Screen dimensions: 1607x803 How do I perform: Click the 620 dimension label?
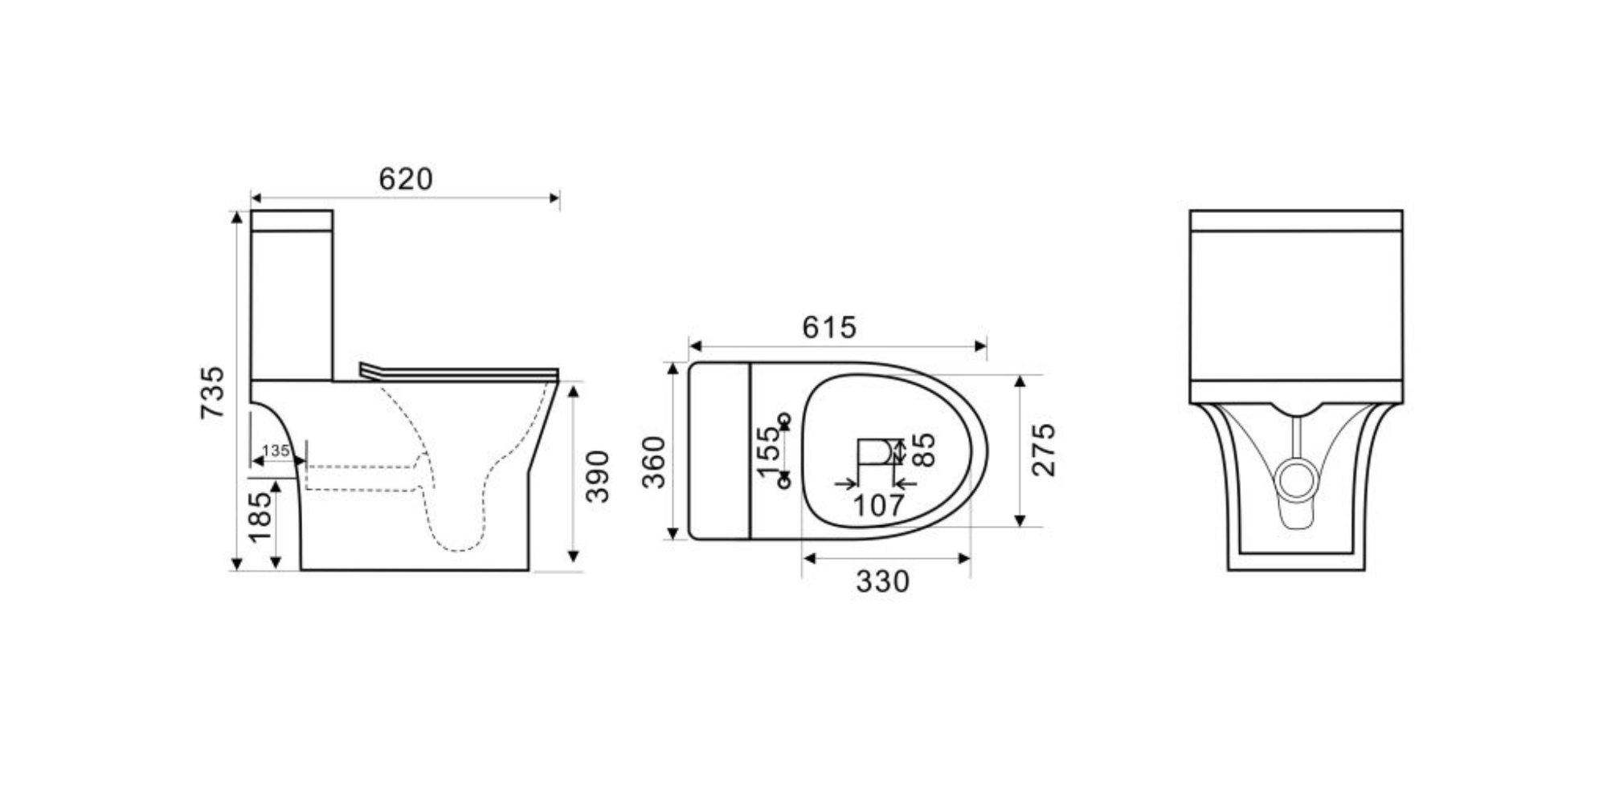406,178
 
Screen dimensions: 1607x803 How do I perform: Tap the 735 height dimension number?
213,393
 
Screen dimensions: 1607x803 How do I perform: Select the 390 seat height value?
597,476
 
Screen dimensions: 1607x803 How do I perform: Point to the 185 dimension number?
260,516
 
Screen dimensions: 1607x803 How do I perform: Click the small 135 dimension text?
276,450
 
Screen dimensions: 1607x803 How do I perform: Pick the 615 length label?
829,328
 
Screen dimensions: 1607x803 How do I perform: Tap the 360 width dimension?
654,462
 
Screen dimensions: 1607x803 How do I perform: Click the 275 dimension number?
1043,450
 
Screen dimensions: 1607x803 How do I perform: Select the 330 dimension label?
882,581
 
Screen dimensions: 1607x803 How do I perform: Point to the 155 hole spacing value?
768,451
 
